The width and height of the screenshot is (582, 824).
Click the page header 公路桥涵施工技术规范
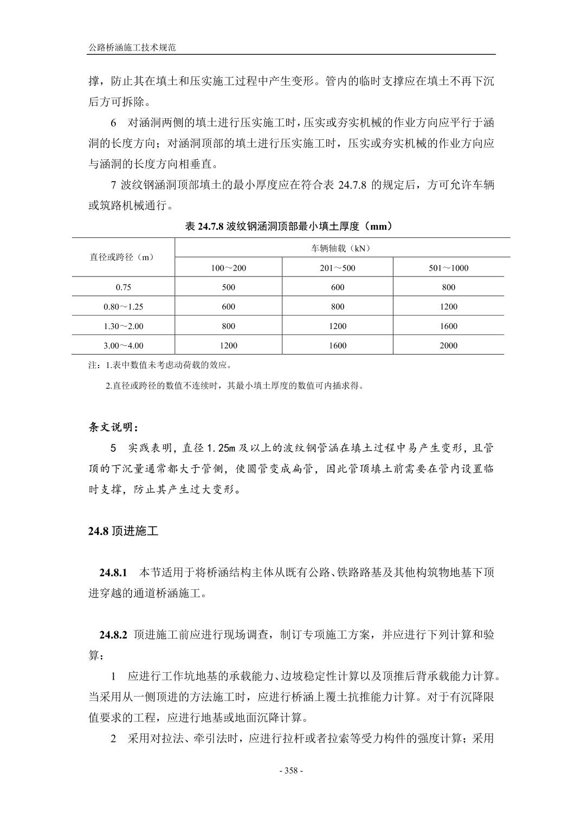pos(133,48)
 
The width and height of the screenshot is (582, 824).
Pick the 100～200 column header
pos(228,267)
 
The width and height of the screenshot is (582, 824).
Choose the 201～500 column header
pos(338,267)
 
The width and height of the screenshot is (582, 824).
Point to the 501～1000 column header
pos(448,267)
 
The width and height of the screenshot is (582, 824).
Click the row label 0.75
pos(123,287)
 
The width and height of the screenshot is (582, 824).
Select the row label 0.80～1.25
pos(123,306)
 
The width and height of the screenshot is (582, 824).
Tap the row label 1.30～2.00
pos(123,326)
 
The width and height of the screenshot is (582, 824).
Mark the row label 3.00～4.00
pos(123,345)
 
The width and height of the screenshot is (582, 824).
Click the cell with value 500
pos(228,287)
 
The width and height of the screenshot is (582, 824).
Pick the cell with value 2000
pos(448,345)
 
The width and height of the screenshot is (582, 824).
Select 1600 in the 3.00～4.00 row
pos(338,345)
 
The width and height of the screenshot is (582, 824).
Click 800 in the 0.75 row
pos(448,287)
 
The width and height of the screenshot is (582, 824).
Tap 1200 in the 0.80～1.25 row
pos(448,306)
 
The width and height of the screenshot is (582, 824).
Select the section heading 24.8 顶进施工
pos(123,531)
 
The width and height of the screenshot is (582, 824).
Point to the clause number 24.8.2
pos(113,635)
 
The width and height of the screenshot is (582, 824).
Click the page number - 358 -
pos(291,770)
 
